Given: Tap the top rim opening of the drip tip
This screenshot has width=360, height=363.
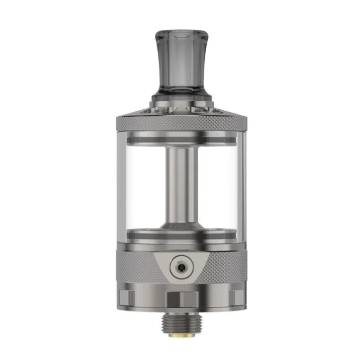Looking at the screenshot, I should point(180,34).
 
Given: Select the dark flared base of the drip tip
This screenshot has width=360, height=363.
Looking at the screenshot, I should point(180,100).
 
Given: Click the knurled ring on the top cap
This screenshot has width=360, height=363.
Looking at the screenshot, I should point(180,124).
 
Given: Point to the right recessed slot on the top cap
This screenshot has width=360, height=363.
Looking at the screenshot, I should point(209,111).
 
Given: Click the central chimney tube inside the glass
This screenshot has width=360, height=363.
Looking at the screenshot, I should point(180,180).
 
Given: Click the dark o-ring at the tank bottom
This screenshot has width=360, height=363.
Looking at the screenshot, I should point(180,233).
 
